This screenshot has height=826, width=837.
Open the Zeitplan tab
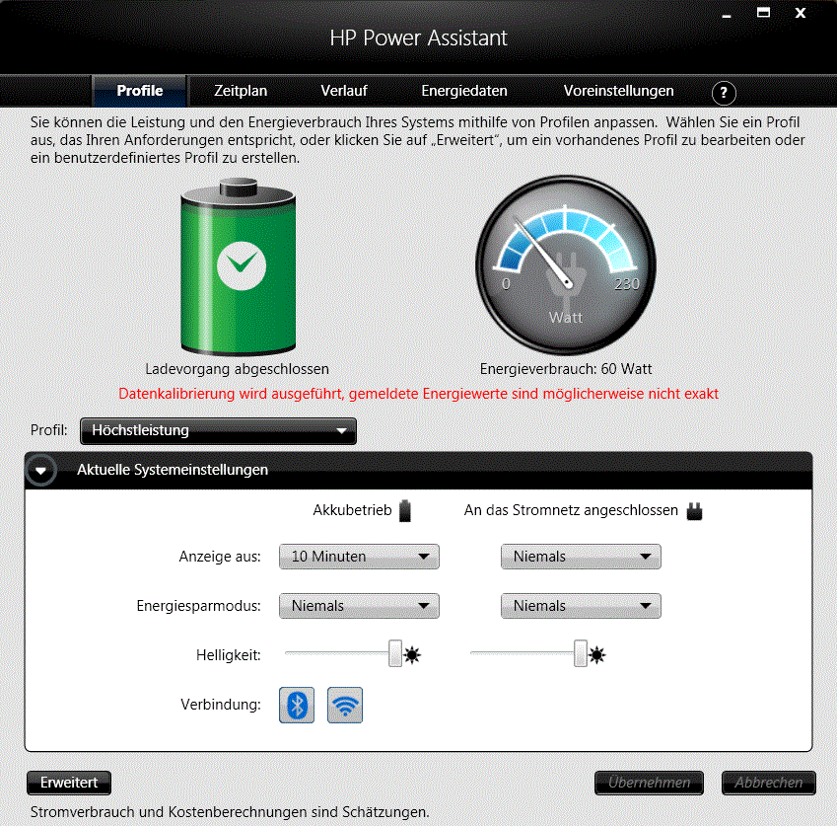pos(241,91)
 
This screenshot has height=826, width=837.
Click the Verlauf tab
pos(344,91)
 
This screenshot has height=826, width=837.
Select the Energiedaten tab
pos(464,91)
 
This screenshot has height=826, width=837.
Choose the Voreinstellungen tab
pos(619,91)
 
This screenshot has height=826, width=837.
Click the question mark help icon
pos(724,93)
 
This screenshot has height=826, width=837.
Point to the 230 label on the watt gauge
pos(626,284)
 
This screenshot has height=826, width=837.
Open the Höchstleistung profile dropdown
pos(218,430)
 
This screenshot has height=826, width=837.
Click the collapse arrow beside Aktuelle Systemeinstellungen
pos(40,471)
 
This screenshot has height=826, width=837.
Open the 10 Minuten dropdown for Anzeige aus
pos(359,557)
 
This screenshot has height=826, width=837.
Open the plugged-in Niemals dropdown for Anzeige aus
pos(581,557)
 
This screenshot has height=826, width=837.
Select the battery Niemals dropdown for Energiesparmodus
pos(359,606)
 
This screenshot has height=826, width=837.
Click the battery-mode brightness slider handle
pos(395,653)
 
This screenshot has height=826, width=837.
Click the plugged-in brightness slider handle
pos(581,653)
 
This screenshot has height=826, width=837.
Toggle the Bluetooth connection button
pos(297,705)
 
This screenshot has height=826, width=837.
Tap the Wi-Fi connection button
pos(345,705)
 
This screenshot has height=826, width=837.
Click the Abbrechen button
pos(768,783)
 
